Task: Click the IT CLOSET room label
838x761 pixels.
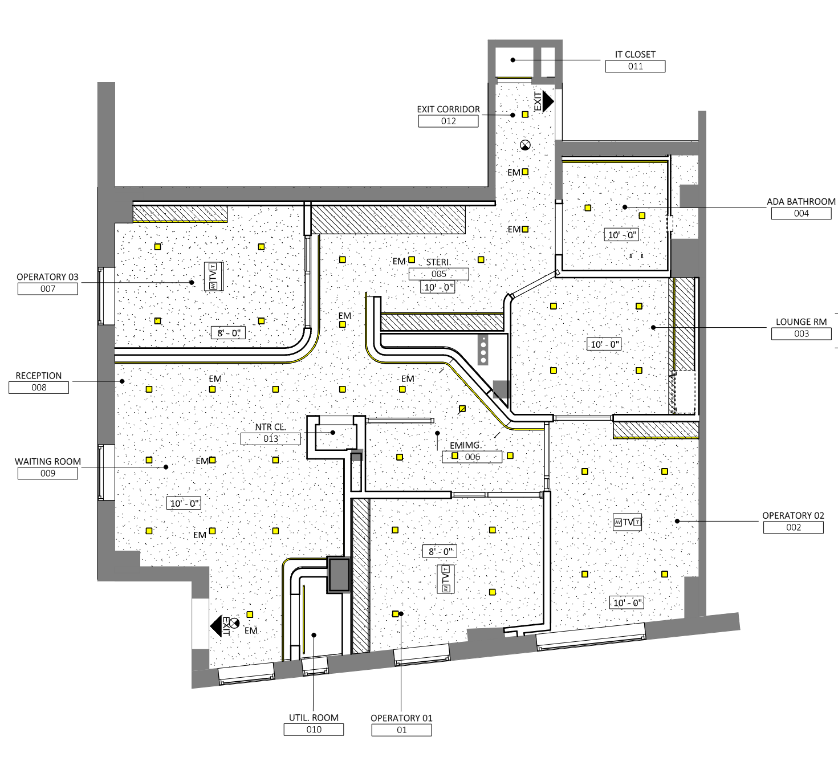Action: coord(635,54)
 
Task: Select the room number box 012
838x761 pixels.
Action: coord(448,121)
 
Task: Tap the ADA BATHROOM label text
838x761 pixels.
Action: coord(802,201)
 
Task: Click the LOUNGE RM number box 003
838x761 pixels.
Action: coord(802,334)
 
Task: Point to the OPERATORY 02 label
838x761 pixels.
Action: coord(793,516)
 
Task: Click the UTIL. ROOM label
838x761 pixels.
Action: coord(314,718)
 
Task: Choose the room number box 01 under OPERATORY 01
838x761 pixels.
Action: coord(401,730)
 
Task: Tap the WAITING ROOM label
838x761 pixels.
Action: coord(48,462)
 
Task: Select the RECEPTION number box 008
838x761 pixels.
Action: coord(39,388)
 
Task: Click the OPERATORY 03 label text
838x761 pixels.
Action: coord(47,277)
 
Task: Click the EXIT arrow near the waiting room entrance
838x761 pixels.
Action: coord(216,626)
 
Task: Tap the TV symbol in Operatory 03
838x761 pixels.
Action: coord(213,276)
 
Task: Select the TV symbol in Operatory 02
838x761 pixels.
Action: coord(627,522)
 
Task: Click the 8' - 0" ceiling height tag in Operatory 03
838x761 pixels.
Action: coord(228,333)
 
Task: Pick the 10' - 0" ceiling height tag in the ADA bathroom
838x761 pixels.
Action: coord(621,235)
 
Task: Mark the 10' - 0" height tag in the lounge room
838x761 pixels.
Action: coord(604,345)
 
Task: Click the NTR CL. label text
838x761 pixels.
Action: coord(270,427)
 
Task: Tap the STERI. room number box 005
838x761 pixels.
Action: coord(438,274)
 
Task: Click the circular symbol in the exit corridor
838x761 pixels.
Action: coord(525,145)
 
